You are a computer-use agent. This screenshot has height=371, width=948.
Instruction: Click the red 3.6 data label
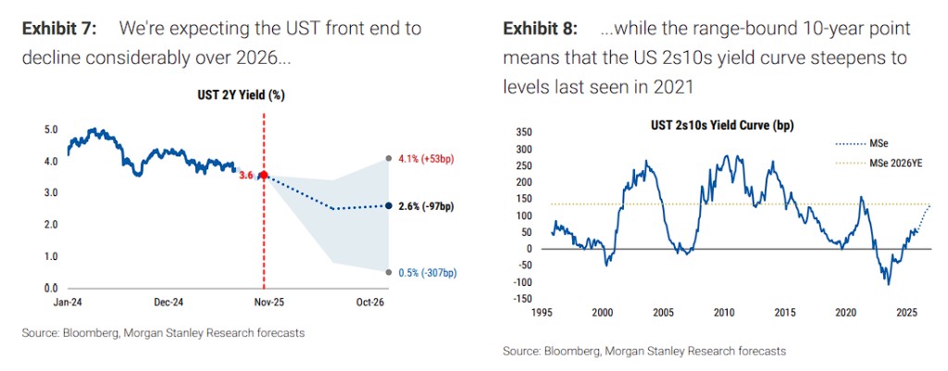pyautogui.click(x=246, y=175)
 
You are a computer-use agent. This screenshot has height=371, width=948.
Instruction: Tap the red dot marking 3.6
pyautogui.click(x=264, y=174)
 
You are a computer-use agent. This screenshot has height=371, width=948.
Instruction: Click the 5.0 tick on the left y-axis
pyautogui.click(x=52, y=130)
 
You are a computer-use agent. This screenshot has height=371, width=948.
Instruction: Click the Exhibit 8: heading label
pyautogui.click(x=541, y=29)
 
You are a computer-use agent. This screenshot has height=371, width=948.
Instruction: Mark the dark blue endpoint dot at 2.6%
pyautogui.click(x=388, y=205)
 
